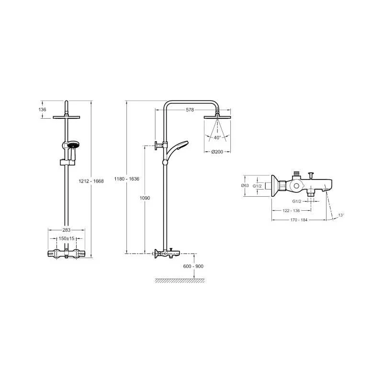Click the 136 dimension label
click(x=42, y=110)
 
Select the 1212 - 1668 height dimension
click(x=91, y=181)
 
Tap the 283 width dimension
click(x=67, y=230)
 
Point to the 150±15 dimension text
click(x=67, y=238)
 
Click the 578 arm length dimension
click(x=190, y=110)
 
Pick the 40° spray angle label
click(x=217, y=138)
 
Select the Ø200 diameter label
click(x=217, y=152)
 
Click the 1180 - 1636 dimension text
click(x=127, y=179)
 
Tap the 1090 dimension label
click(x=145, y=198)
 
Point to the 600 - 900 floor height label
click(x=193, y=266)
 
